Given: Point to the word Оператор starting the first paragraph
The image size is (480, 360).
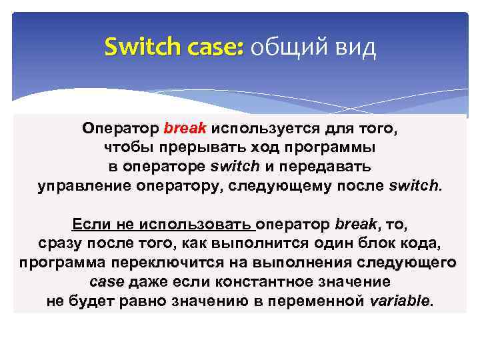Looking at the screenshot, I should pos(120,127).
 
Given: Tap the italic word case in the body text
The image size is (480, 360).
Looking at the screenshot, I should pos(105,282).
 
